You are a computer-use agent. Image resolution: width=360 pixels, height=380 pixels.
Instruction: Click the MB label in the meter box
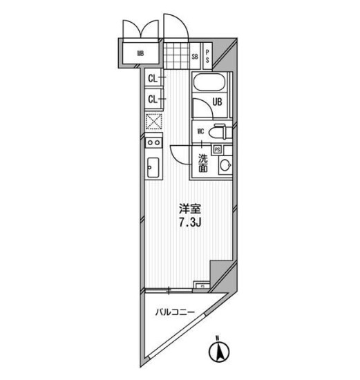[x=140, y=52]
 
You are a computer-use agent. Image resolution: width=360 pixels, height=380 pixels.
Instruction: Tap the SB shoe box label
[x=195, y=56]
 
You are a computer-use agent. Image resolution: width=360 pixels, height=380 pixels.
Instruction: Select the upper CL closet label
[x=153, y=79]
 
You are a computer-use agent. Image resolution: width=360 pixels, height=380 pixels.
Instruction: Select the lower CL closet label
[x=153, y=99]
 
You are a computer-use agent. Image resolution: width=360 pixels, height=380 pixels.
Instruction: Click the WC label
[x=200, y=130]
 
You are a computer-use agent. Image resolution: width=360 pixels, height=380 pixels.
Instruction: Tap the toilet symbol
[x=219, y=131]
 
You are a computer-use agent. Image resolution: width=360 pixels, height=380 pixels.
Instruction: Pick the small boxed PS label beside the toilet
[x=217, y=149]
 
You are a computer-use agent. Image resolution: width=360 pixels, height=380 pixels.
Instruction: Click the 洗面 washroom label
[x=203, y=162]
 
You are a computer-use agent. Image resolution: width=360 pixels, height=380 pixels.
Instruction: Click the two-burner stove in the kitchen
[x=153, y=143]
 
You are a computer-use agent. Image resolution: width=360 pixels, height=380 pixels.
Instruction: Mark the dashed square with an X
[x=153, y=122]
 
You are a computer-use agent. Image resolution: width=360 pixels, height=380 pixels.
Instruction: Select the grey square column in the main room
[x=222, y=271]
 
